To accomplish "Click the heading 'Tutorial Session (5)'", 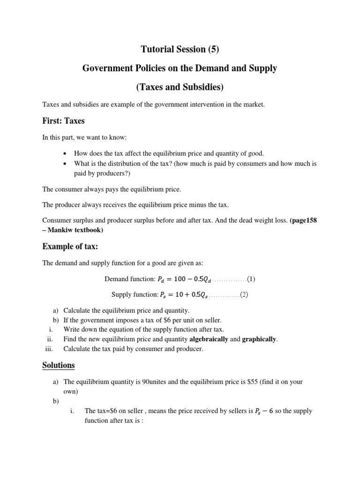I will (x=180, y=49).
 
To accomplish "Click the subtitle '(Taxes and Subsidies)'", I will (x=180, y=87).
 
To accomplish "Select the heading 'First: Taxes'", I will (x=63, y=121).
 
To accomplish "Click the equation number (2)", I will (x=245, y=295).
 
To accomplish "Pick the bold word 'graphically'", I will (x=259, y=339).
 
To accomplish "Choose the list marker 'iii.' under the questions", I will (x=50, y=349).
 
